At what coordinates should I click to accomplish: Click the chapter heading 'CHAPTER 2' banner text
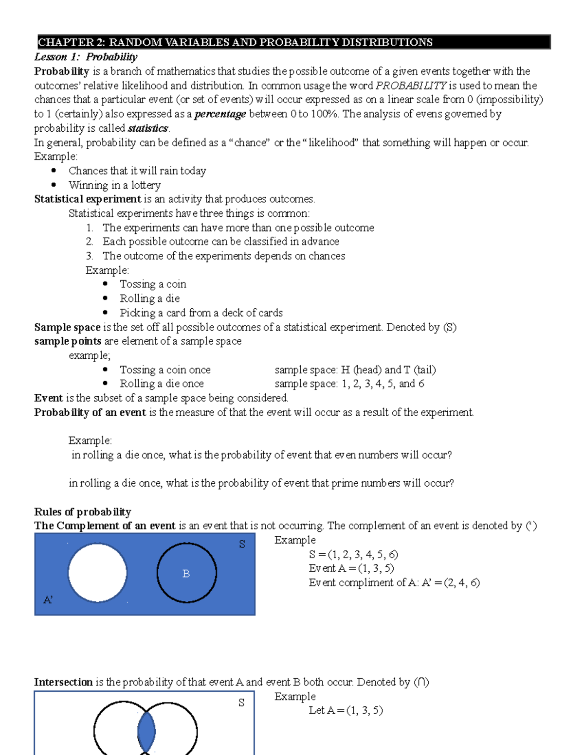click(x=235, y=42)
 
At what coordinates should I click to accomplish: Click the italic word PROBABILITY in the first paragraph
click(x=411, y=86)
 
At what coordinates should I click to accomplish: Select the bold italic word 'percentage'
click(x=220, y=114)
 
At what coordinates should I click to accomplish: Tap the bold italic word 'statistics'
click(x=148, y=128)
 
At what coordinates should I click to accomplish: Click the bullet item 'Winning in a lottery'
click(x=114, y=185)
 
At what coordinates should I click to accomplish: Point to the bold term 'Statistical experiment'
click(x=88, y=199)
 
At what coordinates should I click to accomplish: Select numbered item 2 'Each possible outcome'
click(x=220, y=242)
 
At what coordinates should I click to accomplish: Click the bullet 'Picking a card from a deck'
click(x=201, y=313)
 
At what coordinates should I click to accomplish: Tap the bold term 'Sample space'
click(x=67, y=327)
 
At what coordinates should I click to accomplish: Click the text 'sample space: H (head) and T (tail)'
click(x=355, y=370)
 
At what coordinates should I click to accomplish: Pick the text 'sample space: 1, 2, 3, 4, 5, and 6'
click(x=349, y=384)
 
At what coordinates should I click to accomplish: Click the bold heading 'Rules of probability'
click(x=83, y=512)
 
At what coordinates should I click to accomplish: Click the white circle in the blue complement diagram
click(x=97, y=573)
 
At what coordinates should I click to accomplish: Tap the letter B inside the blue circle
click(x=186, y=574)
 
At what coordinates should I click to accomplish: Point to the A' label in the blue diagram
click(x=48, y=600)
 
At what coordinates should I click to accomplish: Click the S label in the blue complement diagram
click(x=242, y=544)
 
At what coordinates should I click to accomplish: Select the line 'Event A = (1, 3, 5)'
click(x=351, y=568)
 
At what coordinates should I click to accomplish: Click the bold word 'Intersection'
click(x=63, y=682)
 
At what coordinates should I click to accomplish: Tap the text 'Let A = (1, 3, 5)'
click(x=346, y=710)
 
